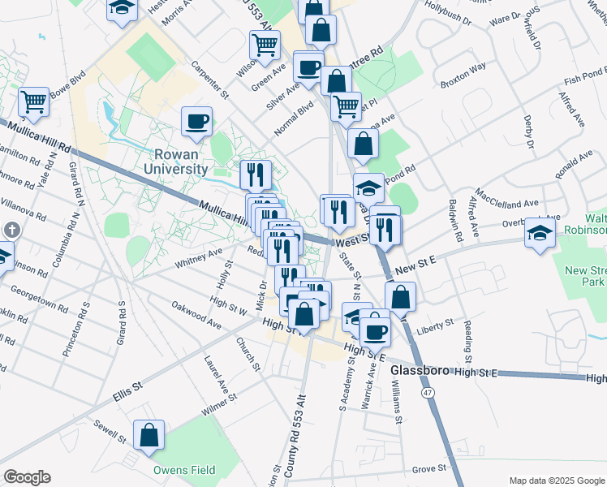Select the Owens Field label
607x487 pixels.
[x=185, y=470]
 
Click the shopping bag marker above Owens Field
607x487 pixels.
[x=149, y=437]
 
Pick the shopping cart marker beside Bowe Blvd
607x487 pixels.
[x=34, y=102]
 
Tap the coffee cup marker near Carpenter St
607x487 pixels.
[x=197, y=122]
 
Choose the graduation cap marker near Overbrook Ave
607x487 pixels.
[x=540, y=233]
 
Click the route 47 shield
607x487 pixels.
[x=426, y=392]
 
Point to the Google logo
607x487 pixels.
[x=27, y=477]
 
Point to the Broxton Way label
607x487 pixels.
[x=463, y=73]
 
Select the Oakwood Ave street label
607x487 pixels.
[x=196, y=316]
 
